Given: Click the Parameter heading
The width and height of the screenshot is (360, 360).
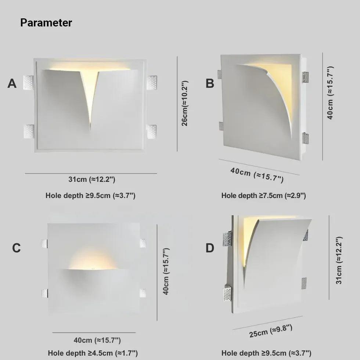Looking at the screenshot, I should pyautogui.click(x=46, y=23).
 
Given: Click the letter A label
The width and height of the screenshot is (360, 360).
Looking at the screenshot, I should pyautogui.click(x=12, y=84).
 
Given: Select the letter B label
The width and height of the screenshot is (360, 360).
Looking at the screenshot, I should pyautogui.click(x=210, y=84).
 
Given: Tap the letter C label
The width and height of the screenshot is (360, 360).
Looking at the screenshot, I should pyautogui.click(x=17, y=248).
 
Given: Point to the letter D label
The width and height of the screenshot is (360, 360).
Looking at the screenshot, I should pyautogui.click(x=210, y=248).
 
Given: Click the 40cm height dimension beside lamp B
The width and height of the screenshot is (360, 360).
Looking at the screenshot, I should pyautogui.click(x=330, y=93).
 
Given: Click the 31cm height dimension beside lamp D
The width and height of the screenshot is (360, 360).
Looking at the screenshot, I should pyautogui.click(x=339, y=260).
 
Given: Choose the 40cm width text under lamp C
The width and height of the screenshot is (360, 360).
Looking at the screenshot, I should pyautogui.click(x=97, y=341).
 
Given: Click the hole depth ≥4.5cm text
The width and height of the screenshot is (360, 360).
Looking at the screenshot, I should pyautogui.click(x=93, y=353).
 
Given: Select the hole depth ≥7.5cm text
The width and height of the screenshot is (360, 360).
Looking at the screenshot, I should pyautogui.click(x=263, y=196).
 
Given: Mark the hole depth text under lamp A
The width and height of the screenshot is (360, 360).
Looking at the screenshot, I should pyautogui.click(x=90, y=196).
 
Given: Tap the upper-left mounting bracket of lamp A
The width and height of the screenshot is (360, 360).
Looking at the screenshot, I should pyautogui.click(x=28, y=82).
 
